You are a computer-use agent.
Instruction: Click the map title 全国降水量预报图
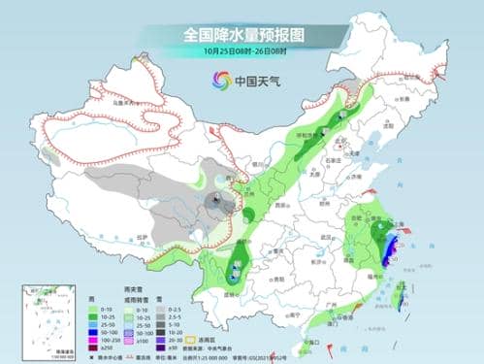(242, 34)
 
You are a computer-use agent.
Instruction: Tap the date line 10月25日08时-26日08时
(242, 52)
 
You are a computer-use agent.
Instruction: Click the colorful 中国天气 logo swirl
(212, 81)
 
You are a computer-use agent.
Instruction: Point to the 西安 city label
(281, 207)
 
